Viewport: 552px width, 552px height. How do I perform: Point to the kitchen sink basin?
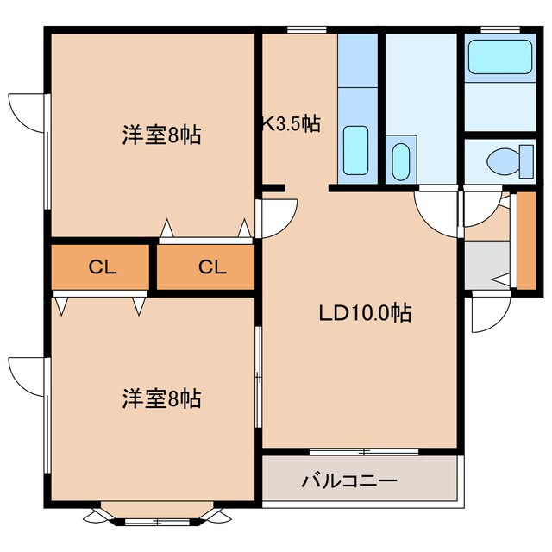355,150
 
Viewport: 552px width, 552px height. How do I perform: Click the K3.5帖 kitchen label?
292,123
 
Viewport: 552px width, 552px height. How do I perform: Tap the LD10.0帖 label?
365,312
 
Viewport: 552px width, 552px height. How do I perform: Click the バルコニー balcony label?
348,480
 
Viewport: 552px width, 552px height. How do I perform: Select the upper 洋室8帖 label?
161,135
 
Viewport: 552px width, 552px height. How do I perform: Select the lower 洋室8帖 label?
161,398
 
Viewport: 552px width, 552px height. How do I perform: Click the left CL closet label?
103,267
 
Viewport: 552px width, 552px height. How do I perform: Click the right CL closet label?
211,267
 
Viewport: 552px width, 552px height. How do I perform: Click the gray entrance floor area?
486,264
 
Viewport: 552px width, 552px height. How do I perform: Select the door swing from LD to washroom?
436,210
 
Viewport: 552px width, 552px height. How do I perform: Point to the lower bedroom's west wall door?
26,373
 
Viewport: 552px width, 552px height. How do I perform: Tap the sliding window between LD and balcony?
363,451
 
